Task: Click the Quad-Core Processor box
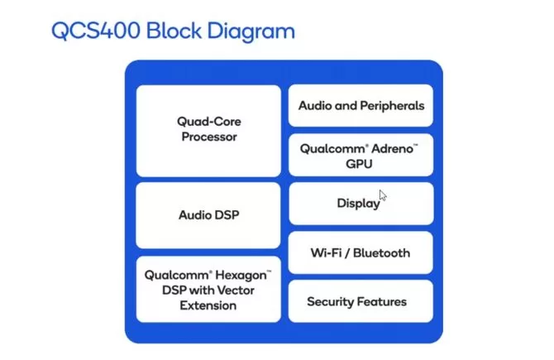pyautogui.click(x=209, y=129)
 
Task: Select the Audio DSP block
pyautogui.click(x=209, y=215)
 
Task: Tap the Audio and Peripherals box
pyautogui.click(x=361, y=106)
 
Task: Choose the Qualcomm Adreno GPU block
pyautogui.click(x=360, y=156)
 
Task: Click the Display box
pyautogui.click(x=360, y=204)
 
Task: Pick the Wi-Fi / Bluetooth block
pyautogui.click(x=361, y=253)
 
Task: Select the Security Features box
pyautogui.click(x=361, y=301)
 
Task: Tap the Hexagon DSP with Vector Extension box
pyautogui.click(x=208, y=290)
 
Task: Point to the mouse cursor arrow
pyautogui.click(x=383, y=197)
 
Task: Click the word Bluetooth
pyautogui.click(x=380, y=253)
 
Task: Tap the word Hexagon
pyautogui.click(x=243, y=275)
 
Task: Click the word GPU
pyautogui.click(x=360, y=164)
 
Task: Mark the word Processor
pyautogui.click(x=209, y=137)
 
